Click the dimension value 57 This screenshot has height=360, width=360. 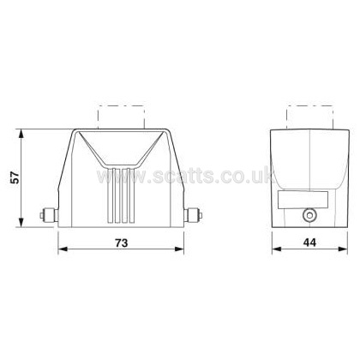[x=15, y=177]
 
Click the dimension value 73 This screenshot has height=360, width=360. [x=122, y=243]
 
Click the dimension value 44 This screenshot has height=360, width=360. [x=309, y=243]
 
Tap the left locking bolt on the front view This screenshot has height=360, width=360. [x=49, y=215]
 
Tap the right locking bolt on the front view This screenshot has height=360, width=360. [x=194, y=215]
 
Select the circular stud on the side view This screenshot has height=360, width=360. [x=309, y=215]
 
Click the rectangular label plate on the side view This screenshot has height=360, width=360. [x=303, y=200]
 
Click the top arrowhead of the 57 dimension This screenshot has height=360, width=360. [x=21, y=134]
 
